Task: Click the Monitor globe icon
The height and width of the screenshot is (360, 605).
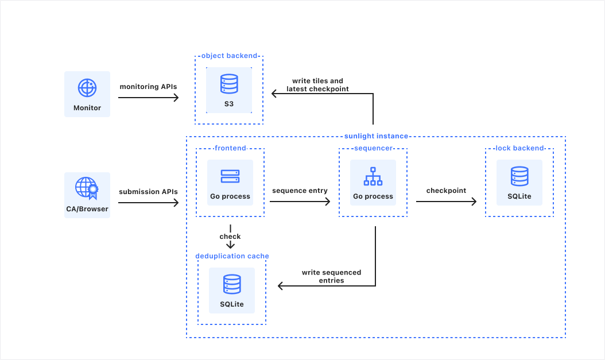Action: coord(87,88)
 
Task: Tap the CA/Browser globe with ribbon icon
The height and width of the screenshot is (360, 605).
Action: coord(87,188)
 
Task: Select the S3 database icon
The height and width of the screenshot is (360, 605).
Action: coord(229,84)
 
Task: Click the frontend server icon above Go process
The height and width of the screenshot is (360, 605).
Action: coord(230,176)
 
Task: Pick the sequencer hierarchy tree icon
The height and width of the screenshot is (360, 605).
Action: coord(373,176)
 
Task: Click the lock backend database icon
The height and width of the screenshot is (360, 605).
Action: coord(519,176)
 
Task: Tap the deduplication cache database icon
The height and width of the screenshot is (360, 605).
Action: coord(232,284)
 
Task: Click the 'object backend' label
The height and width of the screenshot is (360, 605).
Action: coord(229,56)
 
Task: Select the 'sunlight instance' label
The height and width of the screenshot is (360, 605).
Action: coord(376,136)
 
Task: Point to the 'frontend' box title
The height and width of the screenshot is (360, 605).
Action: coord(230,148)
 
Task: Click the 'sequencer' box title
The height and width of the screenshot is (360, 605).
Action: coord(373,148)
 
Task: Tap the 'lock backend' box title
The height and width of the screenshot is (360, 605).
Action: coord(519,148)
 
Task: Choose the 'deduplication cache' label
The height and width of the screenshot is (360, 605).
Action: coord(232,256)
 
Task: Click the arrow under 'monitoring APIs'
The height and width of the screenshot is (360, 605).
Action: coord(149,98)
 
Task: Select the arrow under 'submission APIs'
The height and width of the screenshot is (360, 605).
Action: coord(149,203)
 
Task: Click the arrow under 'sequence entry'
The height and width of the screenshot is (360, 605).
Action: coord(300,202)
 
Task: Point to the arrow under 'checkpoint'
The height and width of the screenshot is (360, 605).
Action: coord(446,202)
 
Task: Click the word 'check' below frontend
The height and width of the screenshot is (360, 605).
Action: coord(230,237)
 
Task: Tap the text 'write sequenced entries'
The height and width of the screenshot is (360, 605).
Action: coord(331,276)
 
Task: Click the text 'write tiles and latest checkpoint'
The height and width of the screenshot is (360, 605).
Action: coord(317,85)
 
